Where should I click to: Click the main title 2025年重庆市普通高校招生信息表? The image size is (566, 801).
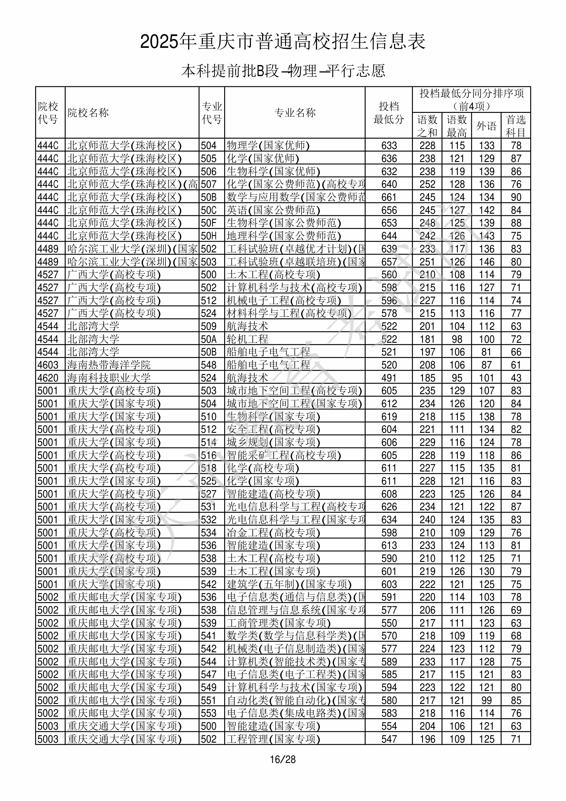pos(283,42)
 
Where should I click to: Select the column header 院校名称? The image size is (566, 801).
pos(88,113)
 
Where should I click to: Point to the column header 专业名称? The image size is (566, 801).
pos(295,113)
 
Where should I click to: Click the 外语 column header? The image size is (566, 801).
pos(486,126)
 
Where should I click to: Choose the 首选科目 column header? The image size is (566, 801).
pos(516,126)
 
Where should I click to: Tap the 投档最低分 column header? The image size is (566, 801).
pos(389,113)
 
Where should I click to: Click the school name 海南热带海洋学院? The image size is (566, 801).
pos(109,365)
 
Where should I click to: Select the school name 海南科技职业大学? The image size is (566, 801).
pos(109,378)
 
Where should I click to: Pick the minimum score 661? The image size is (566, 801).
pos(389,198)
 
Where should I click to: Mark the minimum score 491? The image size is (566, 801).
pos(389,378)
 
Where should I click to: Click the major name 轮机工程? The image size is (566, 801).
pos(247,339)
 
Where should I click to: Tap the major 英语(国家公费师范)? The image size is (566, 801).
pos(273,210)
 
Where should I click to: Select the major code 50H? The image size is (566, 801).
pos(209,236)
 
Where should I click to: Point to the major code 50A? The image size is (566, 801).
pos(209,339)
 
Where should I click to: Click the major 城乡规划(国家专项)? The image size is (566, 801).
pos(273,442)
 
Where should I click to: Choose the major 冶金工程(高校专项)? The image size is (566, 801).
pos(273,533)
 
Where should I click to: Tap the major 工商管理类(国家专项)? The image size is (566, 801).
pos(278,623)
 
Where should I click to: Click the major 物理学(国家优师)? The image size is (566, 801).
pos(268,146)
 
